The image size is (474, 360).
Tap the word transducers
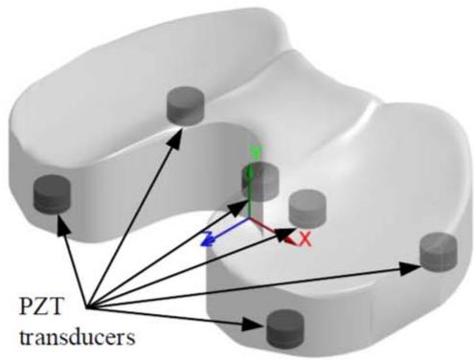click(78, 337)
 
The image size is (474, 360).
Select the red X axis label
click(305, 239)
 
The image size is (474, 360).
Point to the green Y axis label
click(256, 152)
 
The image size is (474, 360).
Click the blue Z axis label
click(208, 239)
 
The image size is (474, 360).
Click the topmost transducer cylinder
click(186, 105)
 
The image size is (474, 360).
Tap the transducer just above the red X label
click(307, 208)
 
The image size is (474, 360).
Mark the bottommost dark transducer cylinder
click(285, 327)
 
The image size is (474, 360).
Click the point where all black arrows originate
click(87, 308)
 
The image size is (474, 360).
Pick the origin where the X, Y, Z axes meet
click(249, 218)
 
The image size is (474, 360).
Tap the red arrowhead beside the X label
click(290, 240)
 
